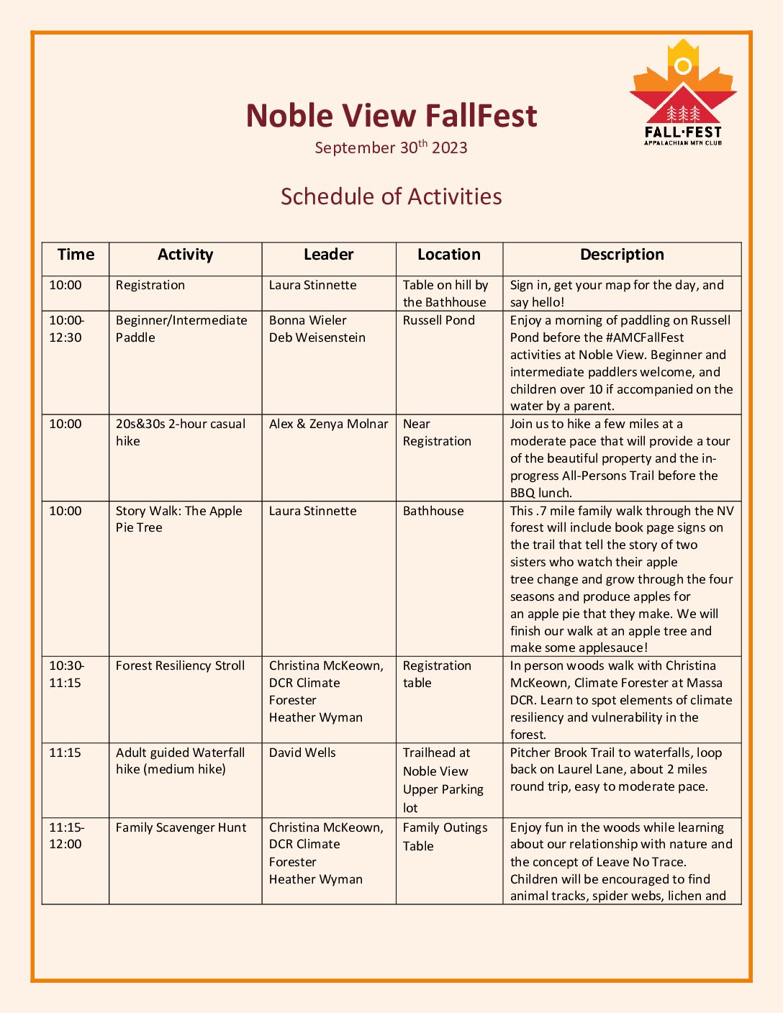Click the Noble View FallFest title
tap(391, 116)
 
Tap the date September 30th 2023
tap(391, 147)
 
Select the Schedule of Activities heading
tap(391, 196)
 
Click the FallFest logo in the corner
tap(683, 94)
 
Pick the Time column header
tap(76, 255)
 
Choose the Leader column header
tap(328, 255)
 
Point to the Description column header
tap(622, 255)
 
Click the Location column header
tap(448, 255)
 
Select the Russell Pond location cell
tap(438, 320)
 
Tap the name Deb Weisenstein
tap(317, 337)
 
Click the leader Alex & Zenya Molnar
tap(328, 424)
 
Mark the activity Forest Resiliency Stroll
tap(180, 666)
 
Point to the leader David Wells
tap(302, 753)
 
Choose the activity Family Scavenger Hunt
tap(181, 827)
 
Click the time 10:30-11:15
tap(65, 674)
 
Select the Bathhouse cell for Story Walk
tap(433, 511)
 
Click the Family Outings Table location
tap(445, 836)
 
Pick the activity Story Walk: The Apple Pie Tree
tap(178, 519)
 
